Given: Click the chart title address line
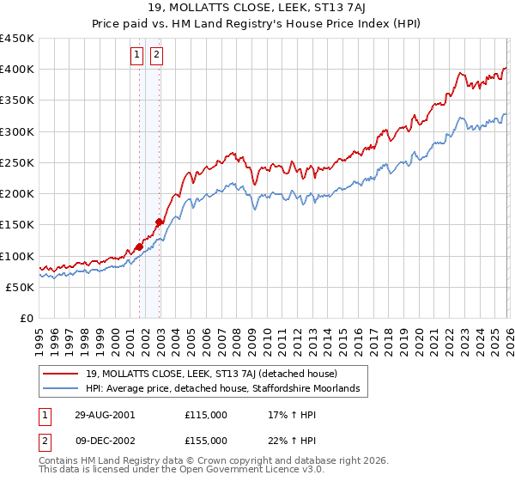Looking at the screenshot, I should click(x=257, y=9).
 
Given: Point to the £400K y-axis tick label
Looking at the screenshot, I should click(x=17, y=69).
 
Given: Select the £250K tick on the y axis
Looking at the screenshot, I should click(x=17, y=162).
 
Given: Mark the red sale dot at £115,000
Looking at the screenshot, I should click(x=139, y=247).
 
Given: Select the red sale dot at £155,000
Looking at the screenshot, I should click(x=159, y=222).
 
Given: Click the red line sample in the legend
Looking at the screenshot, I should click(x=62, y=374).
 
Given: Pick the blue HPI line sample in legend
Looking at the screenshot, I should click(x=62, y=389).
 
